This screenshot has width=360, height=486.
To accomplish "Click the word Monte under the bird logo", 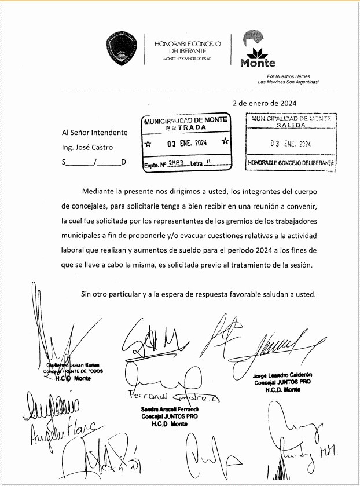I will pyautogui.click(x=258, y=63).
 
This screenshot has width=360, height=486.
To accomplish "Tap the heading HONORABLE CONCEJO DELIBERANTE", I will pyautogui.click(x=183, y=47).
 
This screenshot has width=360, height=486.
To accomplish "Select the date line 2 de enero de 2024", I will pyautogui.click(x=265, y=103).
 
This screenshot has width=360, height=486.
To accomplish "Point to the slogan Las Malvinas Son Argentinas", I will pyautogui.click(x=288, y=82).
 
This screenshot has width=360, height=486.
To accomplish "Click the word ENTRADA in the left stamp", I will pyautogui.click(x=186, y=127).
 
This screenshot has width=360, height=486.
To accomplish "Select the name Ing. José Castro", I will pyautogui.click(x=87, y=147).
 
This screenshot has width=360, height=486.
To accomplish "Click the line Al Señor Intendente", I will pyautogui.click(x=94, y=133).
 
